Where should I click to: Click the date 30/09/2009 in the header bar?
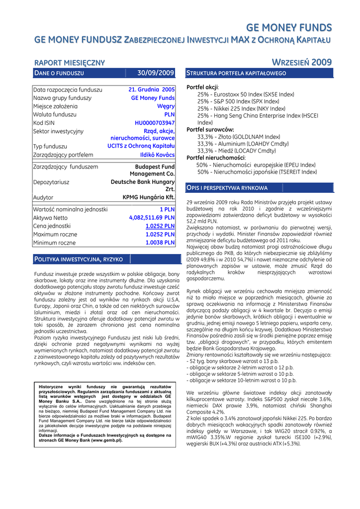click(x=155, y=74)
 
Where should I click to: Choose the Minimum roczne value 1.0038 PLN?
click(x=160, y=243)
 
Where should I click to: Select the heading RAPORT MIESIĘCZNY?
click(x=69, y=63)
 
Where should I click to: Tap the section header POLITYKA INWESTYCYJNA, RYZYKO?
click(x=78, y=259)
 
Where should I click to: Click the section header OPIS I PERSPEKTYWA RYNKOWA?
click(x=227, y=188)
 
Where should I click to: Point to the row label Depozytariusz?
click(x=51, y=182)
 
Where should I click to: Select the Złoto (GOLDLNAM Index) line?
click(x=239, y=137)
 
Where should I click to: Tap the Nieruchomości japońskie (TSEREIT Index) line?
click(x=257, y=172)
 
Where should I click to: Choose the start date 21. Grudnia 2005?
click(x=152, y=90)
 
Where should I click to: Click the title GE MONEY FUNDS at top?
click(x=289, y=27)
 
